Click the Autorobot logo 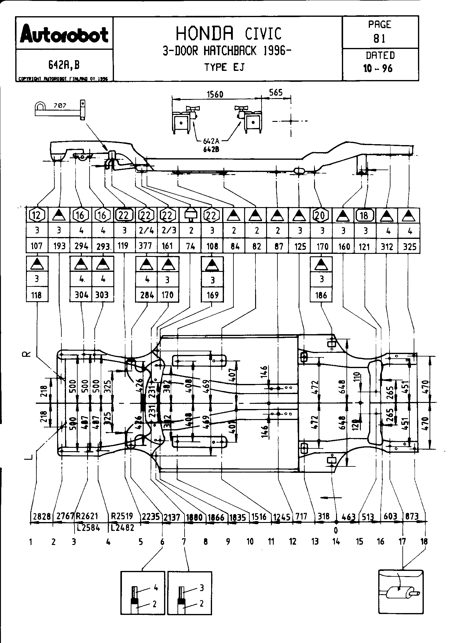pyautogui.click(x=64, y=35)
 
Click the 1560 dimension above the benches pyautogui.click(x=215, y=94)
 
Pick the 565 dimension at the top pyautogui.click(x=276, y=92)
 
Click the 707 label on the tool pyautogui.click(x=60, y=106)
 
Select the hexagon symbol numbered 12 pyautogui.click(x=37, y=215)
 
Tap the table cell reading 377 pyautogui.click(x=146, y=246)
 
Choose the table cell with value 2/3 pyautogui.click(x=167, y=231)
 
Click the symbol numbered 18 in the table pyautogui.click(x=364, y=216)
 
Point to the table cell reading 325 pyautogui.click(x=409, y=246)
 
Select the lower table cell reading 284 pyautogui.click(x=146, y=295)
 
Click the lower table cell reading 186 pyautogui.click(x=321, y=295)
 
